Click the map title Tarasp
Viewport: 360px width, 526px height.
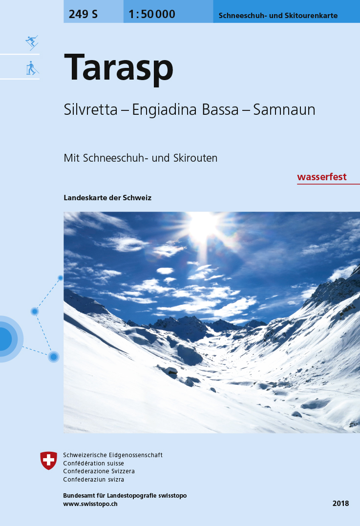click(118, 68)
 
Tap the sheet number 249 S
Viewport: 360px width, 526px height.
click(83, 14)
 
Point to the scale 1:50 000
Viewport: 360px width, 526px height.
click(152, 14)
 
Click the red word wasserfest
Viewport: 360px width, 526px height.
click(322, 177)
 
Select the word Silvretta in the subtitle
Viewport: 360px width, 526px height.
click(90, 110)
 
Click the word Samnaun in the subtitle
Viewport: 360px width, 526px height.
click(284, 110)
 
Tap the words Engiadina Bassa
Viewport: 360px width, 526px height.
click(185, 110)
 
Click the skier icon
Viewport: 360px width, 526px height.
click(32, 42)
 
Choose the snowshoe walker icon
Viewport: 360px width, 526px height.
click(32, 68)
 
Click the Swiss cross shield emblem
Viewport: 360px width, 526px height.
click(49, 460)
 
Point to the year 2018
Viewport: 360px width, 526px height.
click(341, 503)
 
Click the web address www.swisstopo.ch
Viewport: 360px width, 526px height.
click(90, 504)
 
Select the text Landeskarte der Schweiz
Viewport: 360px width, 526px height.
click(107, 198)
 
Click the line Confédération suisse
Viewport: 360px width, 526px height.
click(94, 463)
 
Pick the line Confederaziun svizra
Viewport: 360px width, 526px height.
click(94, 480)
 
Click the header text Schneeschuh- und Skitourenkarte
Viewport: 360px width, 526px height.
click(278, 16)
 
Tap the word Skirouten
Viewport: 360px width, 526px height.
click(195, 158)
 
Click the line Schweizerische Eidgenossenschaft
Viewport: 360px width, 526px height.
click(113, 455)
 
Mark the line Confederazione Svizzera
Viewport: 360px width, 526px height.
click(99, 471)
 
